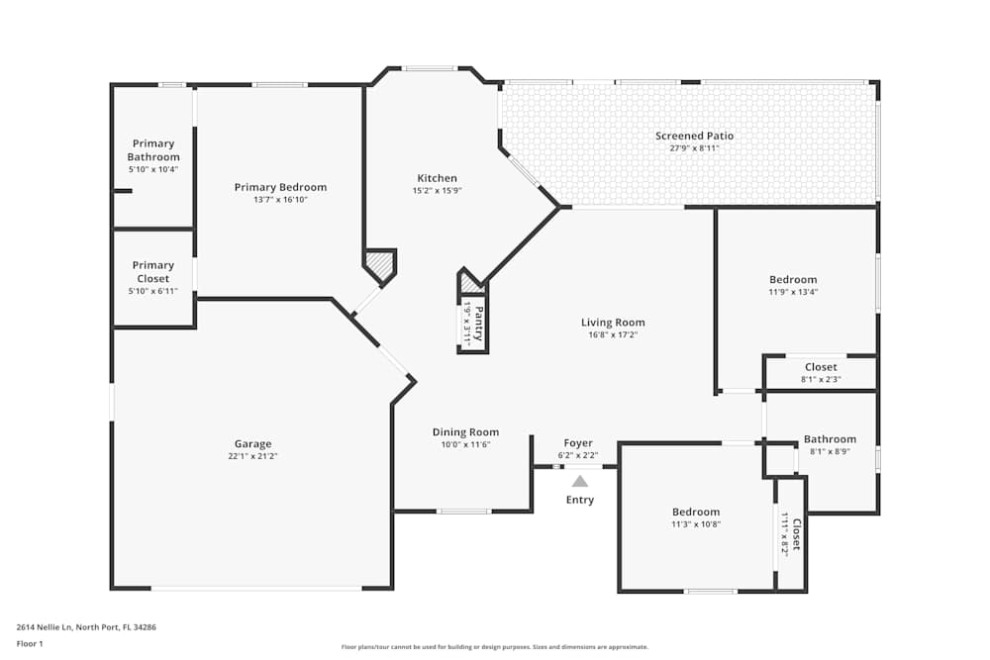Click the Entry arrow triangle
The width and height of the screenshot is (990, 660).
(580, 482)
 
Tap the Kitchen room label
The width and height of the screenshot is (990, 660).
(437, 178)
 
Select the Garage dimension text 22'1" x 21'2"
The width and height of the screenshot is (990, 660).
(252, 456)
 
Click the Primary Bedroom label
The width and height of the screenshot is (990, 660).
(280, 187)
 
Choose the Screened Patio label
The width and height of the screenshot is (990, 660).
(694, 136)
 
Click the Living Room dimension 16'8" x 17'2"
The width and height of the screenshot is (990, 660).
(612, 334)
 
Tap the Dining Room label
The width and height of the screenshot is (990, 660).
(465, 431)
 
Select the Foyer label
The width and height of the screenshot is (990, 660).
(578, 442)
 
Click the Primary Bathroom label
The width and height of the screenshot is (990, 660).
(153, 150)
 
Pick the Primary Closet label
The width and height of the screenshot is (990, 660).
(153, 272)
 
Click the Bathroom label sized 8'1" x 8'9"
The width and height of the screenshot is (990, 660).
(830, 439)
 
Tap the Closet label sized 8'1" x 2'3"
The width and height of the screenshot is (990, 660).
(821, 367)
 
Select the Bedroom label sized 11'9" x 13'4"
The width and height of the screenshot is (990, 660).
(793, 279)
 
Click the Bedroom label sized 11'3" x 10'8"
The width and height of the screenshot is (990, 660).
(695, 512)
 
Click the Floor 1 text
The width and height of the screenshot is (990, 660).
(30, 643)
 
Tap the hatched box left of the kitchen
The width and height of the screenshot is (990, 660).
(379, 264)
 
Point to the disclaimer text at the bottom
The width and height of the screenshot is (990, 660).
(495, 647)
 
